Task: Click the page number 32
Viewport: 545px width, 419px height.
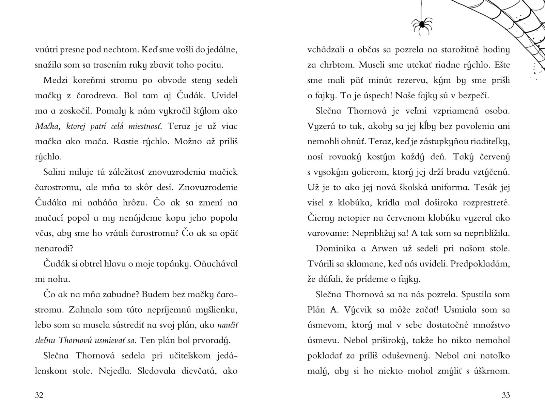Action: [39, 395]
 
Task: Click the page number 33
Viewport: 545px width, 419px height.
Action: [506, 395]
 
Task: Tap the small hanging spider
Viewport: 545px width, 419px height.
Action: [422, 24]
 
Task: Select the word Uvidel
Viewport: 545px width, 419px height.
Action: [224, 96]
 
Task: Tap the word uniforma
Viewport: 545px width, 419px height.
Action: [453, 187]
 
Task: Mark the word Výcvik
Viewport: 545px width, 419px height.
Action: [353, 310]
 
